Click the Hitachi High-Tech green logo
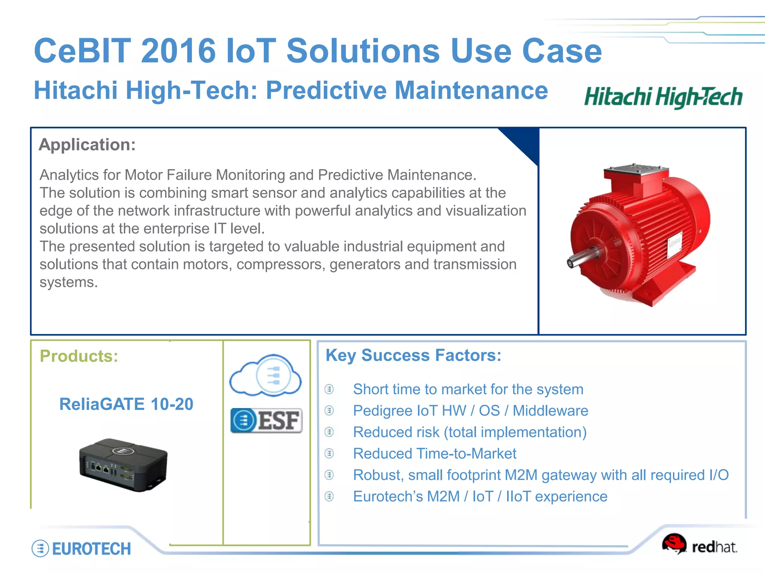[663, 97]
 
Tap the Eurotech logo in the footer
[81, 549]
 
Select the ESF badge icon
[266, 420]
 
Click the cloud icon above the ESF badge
[266, 375]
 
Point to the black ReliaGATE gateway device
[123, 465]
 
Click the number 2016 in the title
[179, 51]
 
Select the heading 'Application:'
[87, 145]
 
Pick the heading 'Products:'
[79, 356]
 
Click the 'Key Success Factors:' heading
[413, 355]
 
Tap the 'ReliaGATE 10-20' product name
[126, 404]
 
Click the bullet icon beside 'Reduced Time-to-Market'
[329, 454]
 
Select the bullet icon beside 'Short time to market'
[329, 389]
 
